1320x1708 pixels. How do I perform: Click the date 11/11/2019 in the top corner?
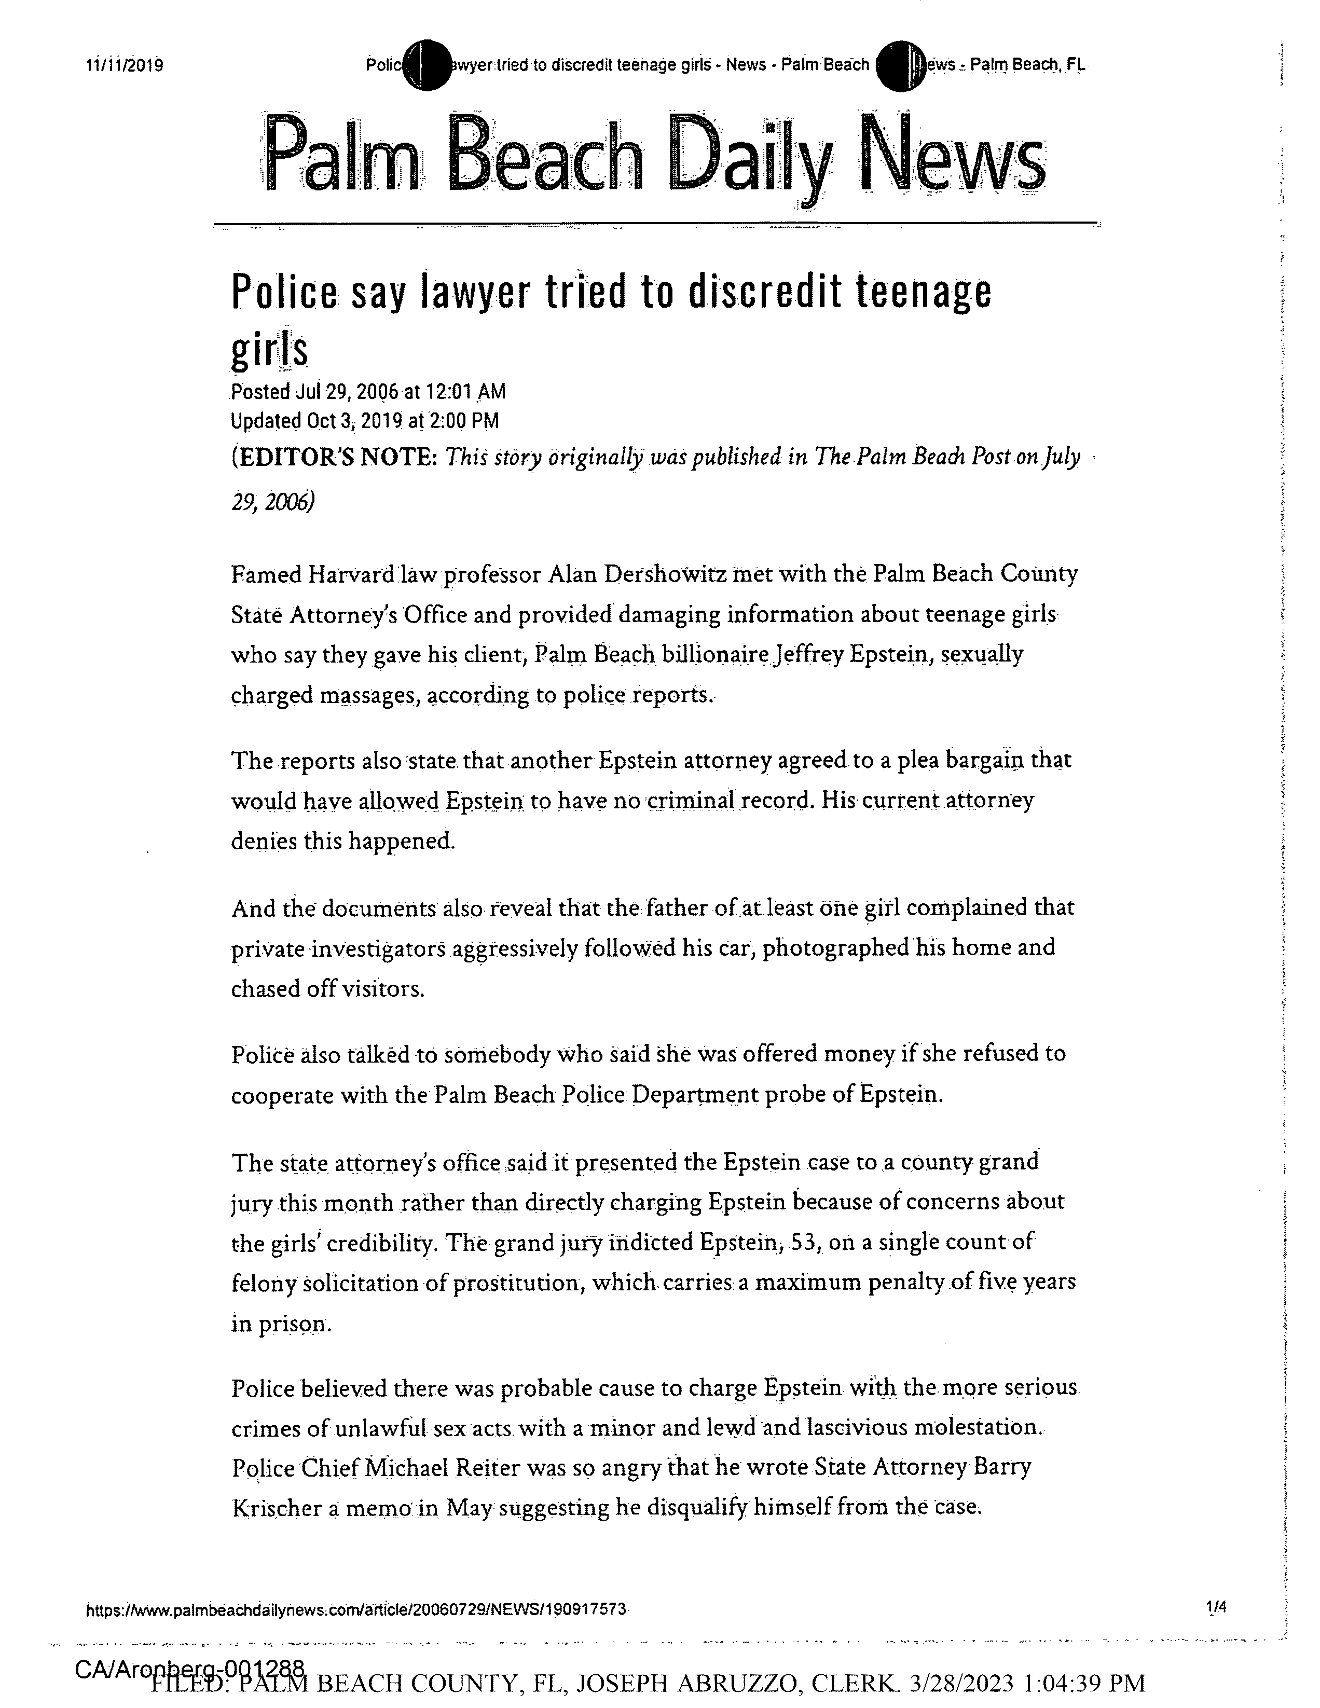tap(125, 66)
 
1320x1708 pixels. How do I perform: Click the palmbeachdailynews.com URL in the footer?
tap(356, 1609)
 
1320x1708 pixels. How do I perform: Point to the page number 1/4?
tap(1217, 1607)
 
